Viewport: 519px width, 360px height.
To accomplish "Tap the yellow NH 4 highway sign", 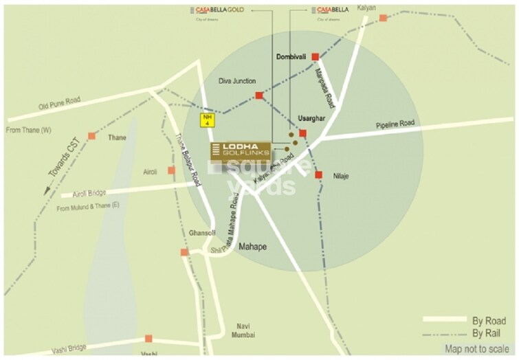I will pyautogui.click(x=206, y=121).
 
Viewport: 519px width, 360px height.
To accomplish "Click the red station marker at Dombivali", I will pyautogui.click(x=315, y=57).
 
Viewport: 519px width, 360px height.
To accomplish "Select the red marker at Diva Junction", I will pyautogui.click(x=258, y=95).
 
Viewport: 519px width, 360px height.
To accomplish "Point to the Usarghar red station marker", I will pyautogui.click(x=302, y=133).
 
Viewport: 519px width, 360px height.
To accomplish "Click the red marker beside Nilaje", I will pyautogui.click(x=318, y=175).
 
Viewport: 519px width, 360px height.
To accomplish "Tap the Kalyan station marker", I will pyautogui.click(x=383, y=18).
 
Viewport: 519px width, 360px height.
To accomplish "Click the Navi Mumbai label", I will pyautogui.click(x=245, y=330).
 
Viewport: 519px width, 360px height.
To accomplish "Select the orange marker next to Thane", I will pyautogui.click(x=91, y=136).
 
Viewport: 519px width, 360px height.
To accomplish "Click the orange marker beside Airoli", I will pyautogui.click(x=171, y=170).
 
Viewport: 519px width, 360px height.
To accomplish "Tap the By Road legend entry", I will pyautogui.click(x=487, y=321).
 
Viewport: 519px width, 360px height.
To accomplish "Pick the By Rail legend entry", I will pyautogui.click(x=487, y=333).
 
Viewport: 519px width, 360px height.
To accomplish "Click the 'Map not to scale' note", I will pyautogui.click(x=474, y=348).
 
